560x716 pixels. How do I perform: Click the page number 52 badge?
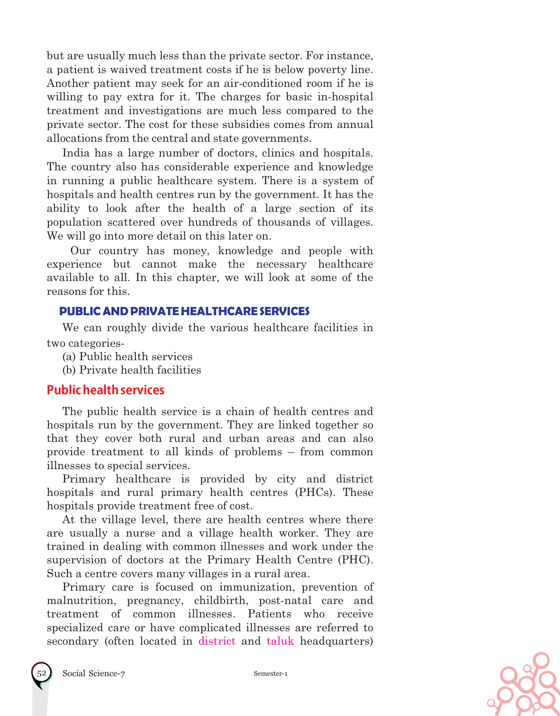pos(41,673)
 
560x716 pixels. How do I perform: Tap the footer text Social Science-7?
pos(94,673)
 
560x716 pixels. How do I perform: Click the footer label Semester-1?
pos(270,674)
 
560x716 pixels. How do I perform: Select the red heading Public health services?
pos(105,390)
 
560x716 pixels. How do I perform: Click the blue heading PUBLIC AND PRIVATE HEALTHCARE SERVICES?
pos(184,311)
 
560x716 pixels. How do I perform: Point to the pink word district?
pos(217,641)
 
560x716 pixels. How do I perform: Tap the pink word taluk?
pos(280,641)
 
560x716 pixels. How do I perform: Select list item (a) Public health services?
pos(127,357)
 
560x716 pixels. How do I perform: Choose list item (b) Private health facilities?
pos(132,370)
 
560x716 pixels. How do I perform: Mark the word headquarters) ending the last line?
pos(336,641)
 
